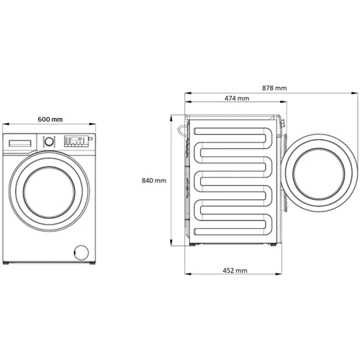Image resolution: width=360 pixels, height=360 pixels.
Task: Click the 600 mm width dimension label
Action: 50,120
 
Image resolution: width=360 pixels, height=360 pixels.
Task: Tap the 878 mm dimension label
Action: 274,88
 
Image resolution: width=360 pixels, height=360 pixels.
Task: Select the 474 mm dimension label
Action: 237,98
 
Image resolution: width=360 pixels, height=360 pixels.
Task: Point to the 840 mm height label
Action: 154,181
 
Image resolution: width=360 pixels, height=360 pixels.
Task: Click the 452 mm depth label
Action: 235,271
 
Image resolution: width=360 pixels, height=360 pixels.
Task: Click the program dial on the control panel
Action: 49,141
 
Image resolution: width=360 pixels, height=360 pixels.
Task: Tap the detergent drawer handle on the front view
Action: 20,143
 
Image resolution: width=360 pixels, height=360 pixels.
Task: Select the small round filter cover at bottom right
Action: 81,252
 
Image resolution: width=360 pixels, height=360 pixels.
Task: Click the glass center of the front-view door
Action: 49,192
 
